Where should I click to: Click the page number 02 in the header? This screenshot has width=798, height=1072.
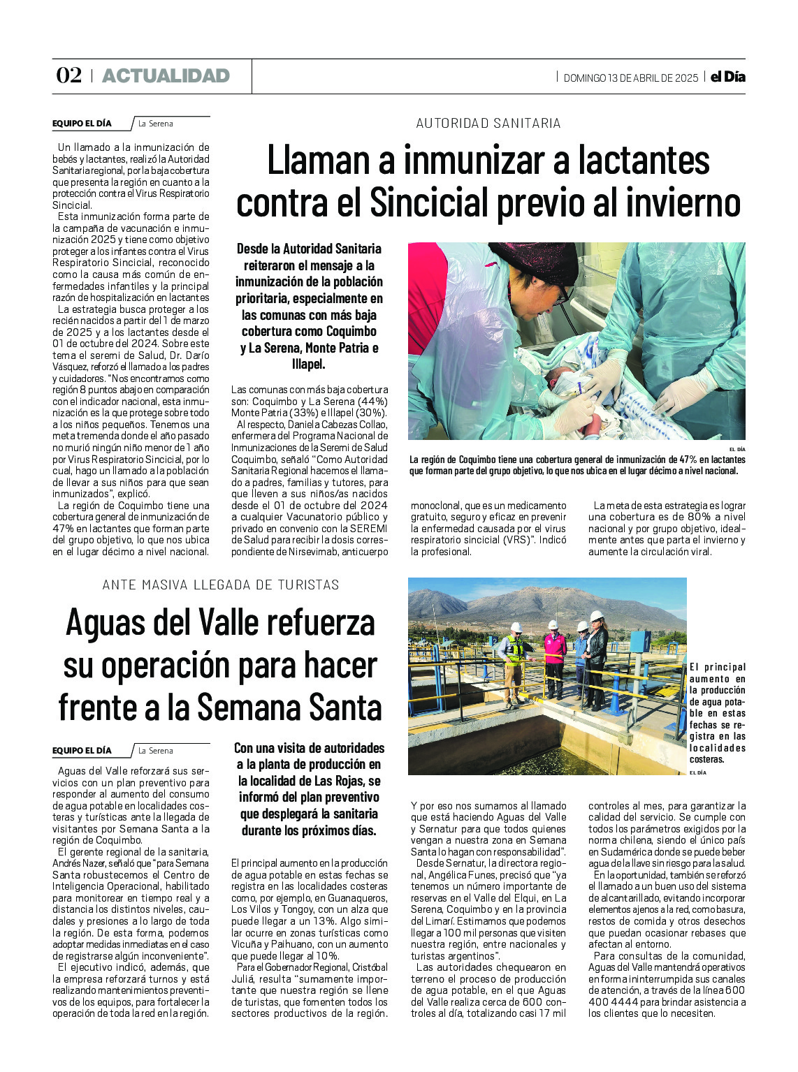pos(68,75)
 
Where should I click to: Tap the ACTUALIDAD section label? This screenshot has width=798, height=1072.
pos(166,75)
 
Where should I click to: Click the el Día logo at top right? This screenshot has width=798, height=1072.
pos(727,77)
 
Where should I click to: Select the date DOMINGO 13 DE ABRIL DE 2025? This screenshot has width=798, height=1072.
pos(630,78)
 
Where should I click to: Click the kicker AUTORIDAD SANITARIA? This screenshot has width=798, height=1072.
pos(488,123)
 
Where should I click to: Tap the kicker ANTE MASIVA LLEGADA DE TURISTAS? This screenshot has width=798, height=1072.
pos(221,585)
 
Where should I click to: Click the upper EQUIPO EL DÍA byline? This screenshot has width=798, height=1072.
pos(82,124)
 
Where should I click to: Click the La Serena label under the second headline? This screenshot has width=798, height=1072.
pos(155,751)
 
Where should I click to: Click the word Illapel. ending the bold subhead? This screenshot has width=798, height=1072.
pos(308,365)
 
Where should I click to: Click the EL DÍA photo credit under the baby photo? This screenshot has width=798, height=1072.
pos(737,449)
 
